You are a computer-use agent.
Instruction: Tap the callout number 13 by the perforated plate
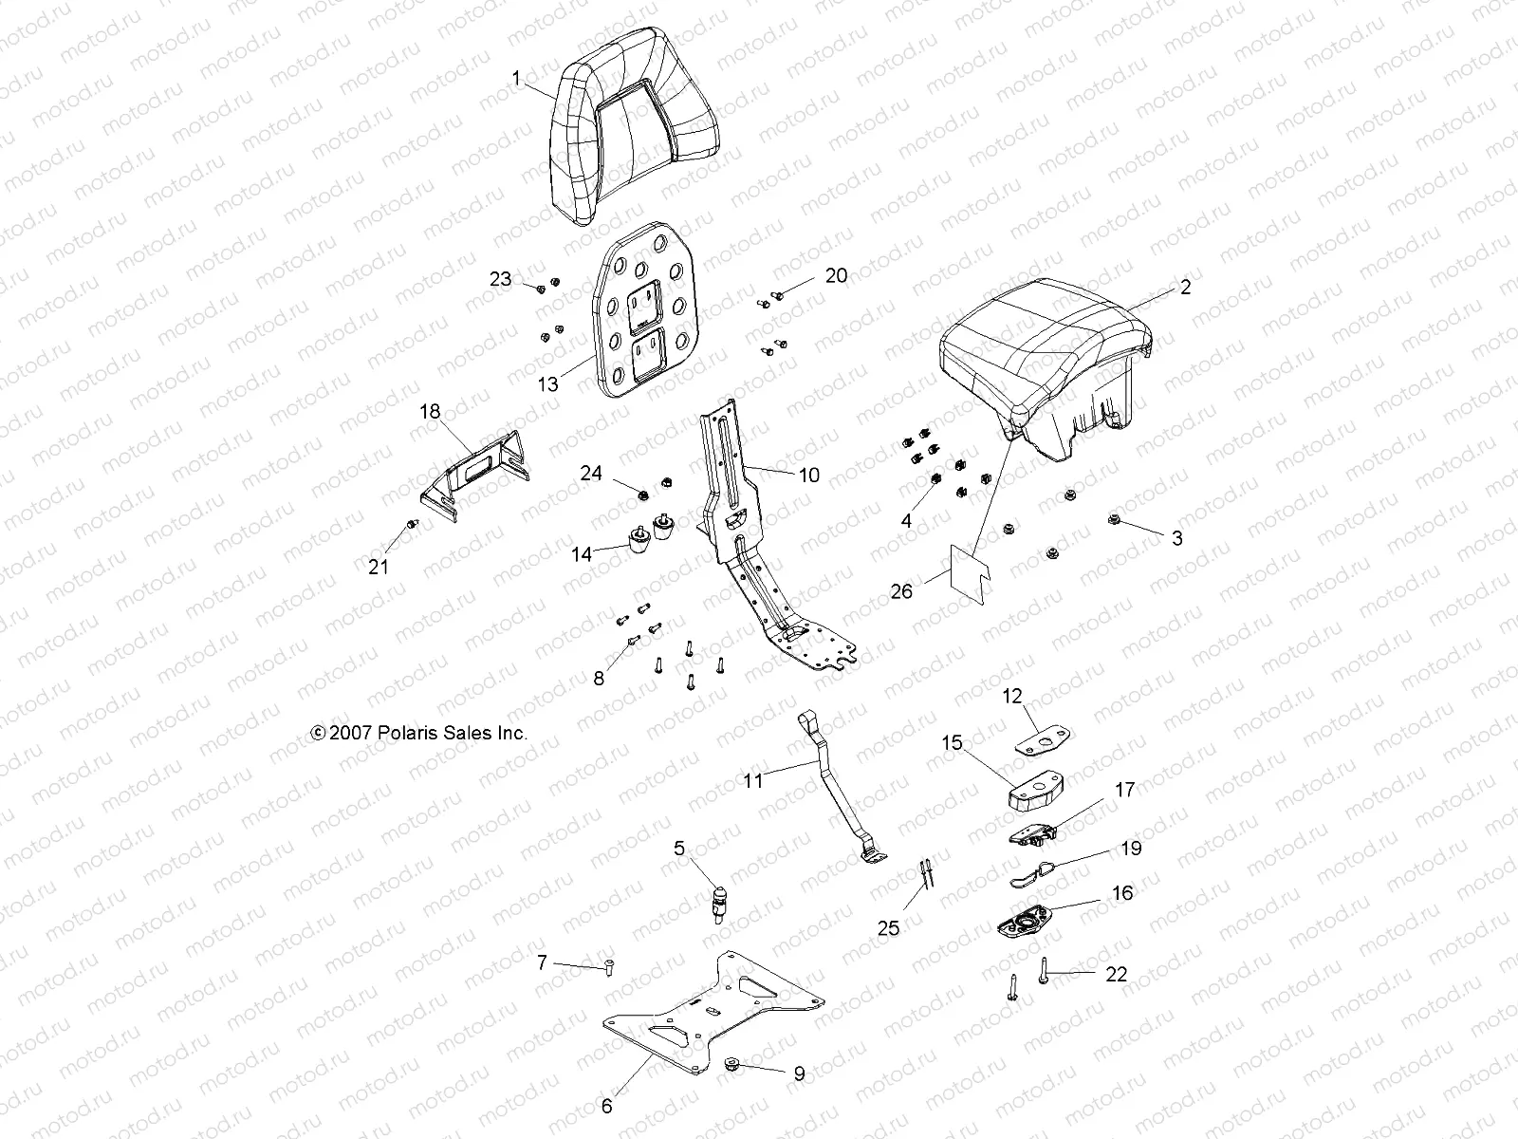(x=548, y=384)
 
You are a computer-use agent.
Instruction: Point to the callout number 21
(x=379, y=568)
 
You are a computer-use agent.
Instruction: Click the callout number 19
(x=1131, y=848)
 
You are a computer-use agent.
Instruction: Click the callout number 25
(x=888, y=928)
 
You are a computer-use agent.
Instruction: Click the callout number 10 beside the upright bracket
(x=808, y=475)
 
